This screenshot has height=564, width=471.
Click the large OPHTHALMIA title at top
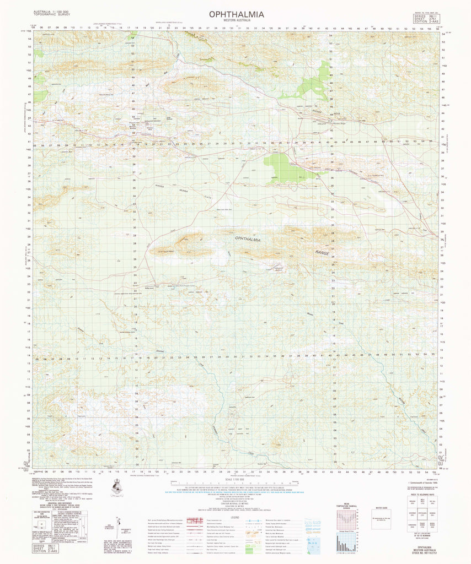236,14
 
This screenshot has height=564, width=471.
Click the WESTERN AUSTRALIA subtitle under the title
236,21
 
